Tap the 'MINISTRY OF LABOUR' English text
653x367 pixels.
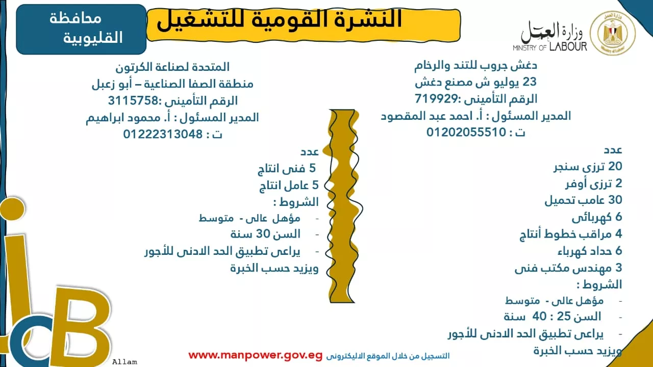pos(550,47)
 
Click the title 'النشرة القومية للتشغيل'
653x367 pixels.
pos(280,20)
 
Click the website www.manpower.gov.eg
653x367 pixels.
pos(255,355)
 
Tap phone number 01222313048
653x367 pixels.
pos(163,134)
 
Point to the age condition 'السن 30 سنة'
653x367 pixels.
pos(265,234)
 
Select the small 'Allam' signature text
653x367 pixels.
pos(124,362)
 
